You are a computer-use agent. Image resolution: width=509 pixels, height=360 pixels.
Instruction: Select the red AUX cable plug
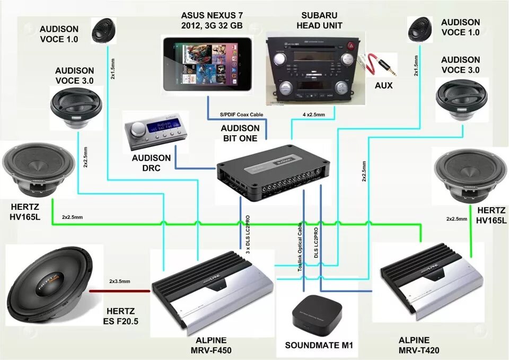(377, 65)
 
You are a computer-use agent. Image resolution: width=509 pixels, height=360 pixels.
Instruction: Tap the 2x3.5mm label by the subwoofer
(120, 281)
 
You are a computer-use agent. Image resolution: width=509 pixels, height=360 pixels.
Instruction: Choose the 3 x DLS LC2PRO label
(248, 235)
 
